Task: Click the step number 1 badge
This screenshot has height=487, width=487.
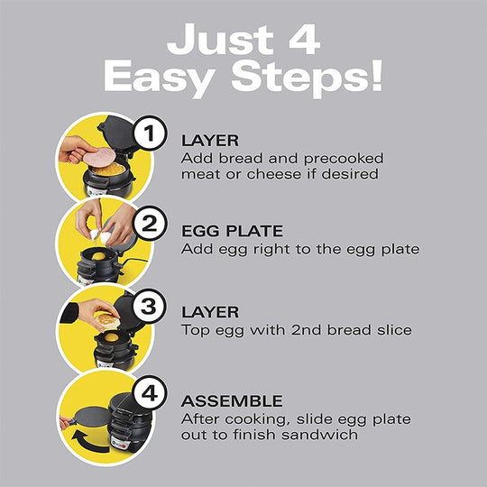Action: click(151, 136)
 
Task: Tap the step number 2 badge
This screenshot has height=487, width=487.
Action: click(151, 221)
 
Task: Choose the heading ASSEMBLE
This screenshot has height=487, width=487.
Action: click(232, 400)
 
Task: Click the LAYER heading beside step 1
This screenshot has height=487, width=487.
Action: click(210, 141)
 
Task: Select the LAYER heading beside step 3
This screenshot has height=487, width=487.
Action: click(210, 311)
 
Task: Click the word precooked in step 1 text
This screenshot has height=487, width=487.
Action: click(335, 159)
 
